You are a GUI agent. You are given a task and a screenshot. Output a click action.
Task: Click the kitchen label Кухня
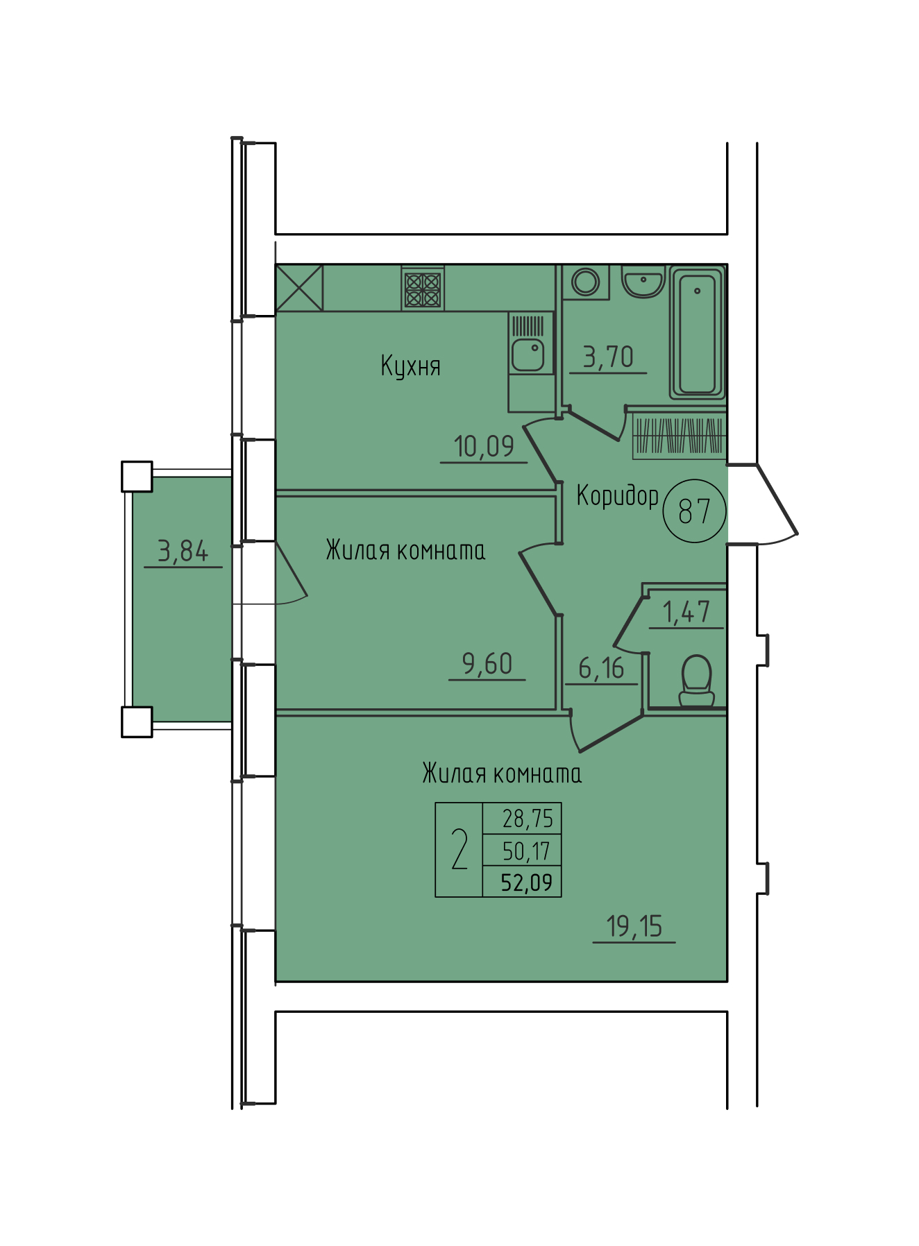click(410, 366)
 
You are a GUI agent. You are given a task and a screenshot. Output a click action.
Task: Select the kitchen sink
click(528, 355)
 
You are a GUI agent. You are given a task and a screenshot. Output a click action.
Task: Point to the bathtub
click(698, 334)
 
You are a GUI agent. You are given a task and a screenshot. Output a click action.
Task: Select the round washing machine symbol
click(586, 282)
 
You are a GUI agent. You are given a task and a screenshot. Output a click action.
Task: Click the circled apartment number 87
click(695, 511)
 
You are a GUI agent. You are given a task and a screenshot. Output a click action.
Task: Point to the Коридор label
click(618, 496)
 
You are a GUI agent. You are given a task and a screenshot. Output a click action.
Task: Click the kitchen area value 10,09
click(484, 447)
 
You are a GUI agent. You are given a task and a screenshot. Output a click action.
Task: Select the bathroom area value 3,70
click(608, 357)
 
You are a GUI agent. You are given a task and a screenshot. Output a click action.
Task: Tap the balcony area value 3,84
click(183, 552)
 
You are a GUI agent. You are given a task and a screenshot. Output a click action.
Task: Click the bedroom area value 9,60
click(487, 664)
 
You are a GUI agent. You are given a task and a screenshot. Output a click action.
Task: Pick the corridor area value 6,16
click(601, 669)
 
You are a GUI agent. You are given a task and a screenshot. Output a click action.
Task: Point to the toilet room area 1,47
click(686, 612)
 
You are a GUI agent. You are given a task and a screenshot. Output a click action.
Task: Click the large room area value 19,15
click(634, 926)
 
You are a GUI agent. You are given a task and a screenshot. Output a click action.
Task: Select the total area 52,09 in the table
click(527, 882)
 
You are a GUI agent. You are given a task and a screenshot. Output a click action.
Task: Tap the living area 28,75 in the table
click(528, 819)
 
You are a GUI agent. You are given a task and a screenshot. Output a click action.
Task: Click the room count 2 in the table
click(459, 850)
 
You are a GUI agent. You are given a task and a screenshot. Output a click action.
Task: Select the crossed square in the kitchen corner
click(300, 288)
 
